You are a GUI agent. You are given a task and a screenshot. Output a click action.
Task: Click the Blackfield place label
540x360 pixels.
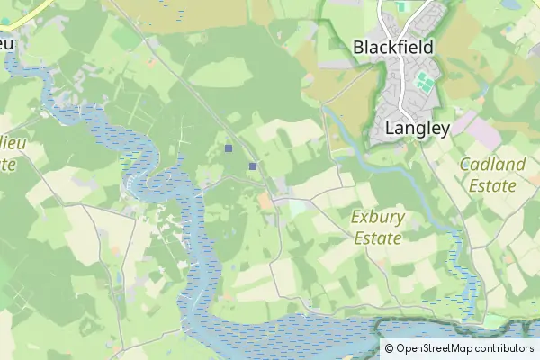click(393, 47)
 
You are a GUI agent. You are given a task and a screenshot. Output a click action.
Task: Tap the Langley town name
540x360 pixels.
click(417, 128)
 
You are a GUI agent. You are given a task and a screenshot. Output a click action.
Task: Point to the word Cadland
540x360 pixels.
click(491, 164)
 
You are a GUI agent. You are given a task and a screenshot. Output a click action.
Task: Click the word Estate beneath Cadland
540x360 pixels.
click(491, 186)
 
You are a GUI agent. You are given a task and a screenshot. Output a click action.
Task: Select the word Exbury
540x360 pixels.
click(378, 217)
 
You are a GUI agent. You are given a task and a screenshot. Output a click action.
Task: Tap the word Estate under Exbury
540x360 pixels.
click(378, 238)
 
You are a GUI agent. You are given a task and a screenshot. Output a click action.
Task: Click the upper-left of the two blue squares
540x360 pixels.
click(229, 148)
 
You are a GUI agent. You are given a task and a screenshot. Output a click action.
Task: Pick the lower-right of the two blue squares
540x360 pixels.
click(253, 166)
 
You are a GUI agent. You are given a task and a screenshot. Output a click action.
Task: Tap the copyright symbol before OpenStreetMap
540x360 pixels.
click(390, 348)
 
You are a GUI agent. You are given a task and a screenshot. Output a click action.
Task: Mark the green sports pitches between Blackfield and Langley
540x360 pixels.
click(424, 85)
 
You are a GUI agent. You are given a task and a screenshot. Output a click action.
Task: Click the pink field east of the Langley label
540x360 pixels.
click(482, 132)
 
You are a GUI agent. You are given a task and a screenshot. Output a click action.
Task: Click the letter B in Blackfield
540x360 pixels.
click(359, 47)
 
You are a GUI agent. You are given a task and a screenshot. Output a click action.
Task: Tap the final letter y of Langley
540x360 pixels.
click(444, 130)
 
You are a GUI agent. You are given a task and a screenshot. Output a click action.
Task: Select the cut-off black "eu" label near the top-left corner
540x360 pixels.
click(7, 43)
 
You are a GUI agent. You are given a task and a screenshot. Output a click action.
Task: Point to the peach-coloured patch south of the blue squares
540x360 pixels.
click(265, 202)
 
